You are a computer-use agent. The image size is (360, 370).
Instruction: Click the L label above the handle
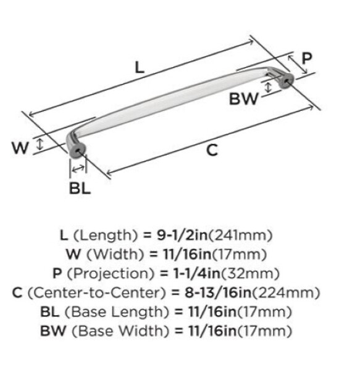[140, 67]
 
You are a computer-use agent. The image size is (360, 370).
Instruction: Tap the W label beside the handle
[20, 148]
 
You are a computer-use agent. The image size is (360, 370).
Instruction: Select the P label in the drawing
[307, 59]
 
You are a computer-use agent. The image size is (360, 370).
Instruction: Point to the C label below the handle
[212, 150]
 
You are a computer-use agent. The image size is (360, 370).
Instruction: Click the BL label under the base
[80, 188]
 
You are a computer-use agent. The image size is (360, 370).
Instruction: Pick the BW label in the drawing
[244, 99]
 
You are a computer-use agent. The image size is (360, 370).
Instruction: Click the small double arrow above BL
[78, 168]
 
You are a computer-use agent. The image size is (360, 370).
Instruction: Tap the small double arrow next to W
[40, 144]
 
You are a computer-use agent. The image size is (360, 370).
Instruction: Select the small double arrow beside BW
[267, 88]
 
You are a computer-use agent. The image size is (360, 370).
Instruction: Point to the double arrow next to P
[298, 65]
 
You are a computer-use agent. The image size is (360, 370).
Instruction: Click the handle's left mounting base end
[77, 150]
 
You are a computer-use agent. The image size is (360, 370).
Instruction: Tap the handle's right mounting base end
[287, 80]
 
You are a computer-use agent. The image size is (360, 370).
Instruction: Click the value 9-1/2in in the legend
[182, 235]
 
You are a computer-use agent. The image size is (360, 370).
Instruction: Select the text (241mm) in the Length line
[240, 236]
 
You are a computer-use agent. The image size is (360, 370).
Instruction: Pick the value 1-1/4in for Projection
[197, 273]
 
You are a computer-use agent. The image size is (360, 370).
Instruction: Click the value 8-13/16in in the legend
[218, 292]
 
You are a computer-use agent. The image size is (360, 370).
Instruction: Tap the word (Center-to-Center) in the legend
[97, 292]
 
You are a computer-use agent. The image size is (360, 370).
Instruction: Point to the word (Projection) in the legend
[111, 274]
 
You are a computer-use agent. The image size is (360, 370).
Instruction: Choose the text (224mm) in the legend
[286, 293]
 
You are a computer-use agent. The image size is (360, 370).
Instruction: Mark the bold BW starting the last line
[53, 331]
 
